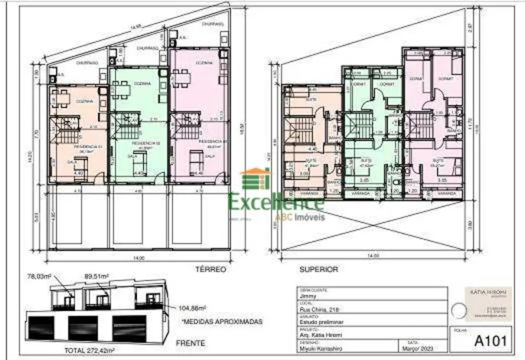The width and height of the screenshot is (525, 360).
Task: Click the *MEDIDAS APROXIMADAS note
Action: point(222,321)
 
